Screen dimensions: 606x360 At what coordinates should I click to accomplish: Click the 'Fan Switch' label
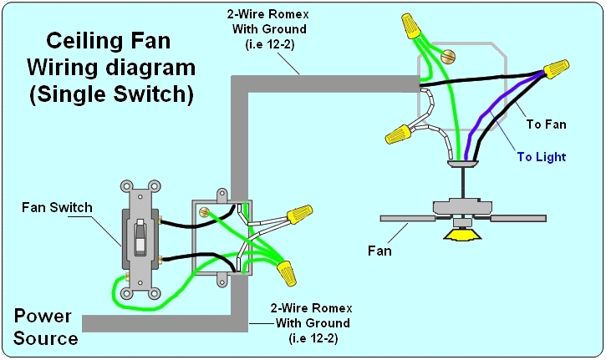[57, 207]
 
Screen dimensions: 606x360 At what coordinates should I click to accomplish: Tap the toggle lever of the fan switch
[140, 237]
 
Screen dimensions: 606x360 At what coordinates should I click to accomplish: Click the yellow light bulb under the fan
[461, 235]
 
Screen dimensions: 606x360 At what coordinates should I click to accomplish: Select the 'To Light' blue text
[541, 157]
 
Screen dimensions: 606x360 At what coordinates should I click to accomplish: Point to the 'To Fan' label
[546, 124]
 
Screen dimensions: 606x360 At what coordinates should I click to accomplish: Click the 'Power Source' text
[46, 327]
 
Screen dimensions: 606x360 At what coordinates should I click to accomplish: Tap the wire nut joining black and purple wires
[556, 68]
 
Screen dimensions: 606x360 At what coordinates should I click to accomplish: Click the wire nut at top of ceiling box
[410, 25]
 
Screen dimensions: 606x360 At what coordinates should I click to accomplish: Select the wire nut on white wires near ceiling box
[398, 134]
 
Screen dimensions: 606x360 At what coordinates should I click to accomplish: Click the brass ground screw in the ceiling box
[448, 57]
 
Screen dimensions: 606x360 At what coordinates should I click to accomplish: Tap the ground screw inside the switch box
[204, 211]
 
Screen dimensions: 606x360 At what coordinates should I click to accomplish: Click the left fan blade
[407, 218]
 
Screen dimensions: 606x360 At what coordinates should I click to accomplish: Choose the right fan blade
[518, 218]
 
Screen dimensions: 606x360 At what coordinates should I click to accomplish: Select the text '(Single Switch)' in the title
[111, 94]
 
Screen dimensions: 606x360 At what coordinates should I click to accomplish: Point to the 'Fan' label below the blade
[379, 251]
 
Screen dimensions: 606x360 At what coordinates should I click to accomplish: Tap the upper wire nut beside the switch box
[299, 215]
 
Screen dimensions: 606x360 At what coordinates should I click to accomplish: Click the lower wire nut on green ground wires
[287, 273]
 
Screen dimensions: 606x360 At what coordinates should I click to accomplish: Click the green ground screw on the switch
[127, 276]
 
